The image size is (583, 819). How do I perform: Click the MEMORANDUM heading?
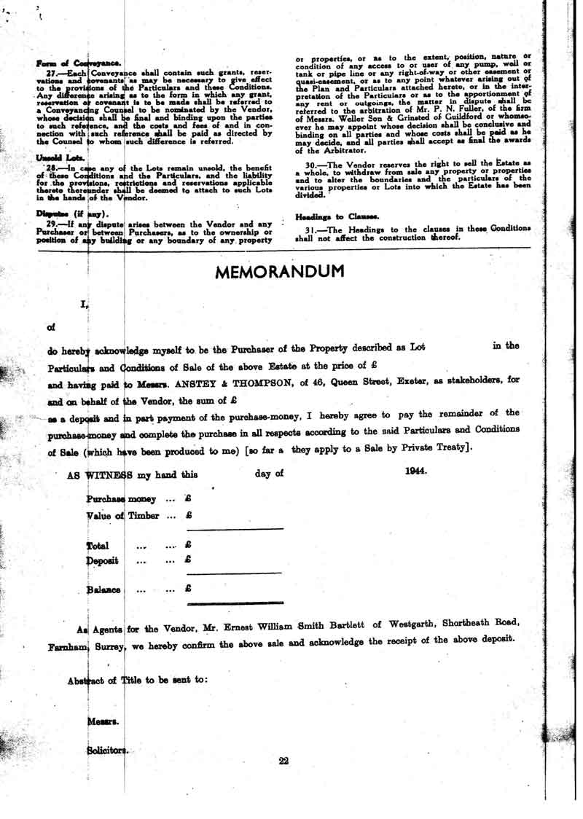280,272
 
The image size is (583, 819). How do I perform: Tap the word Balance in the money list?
103,589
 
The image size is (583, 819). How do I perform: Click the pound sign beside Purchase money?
188,500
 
